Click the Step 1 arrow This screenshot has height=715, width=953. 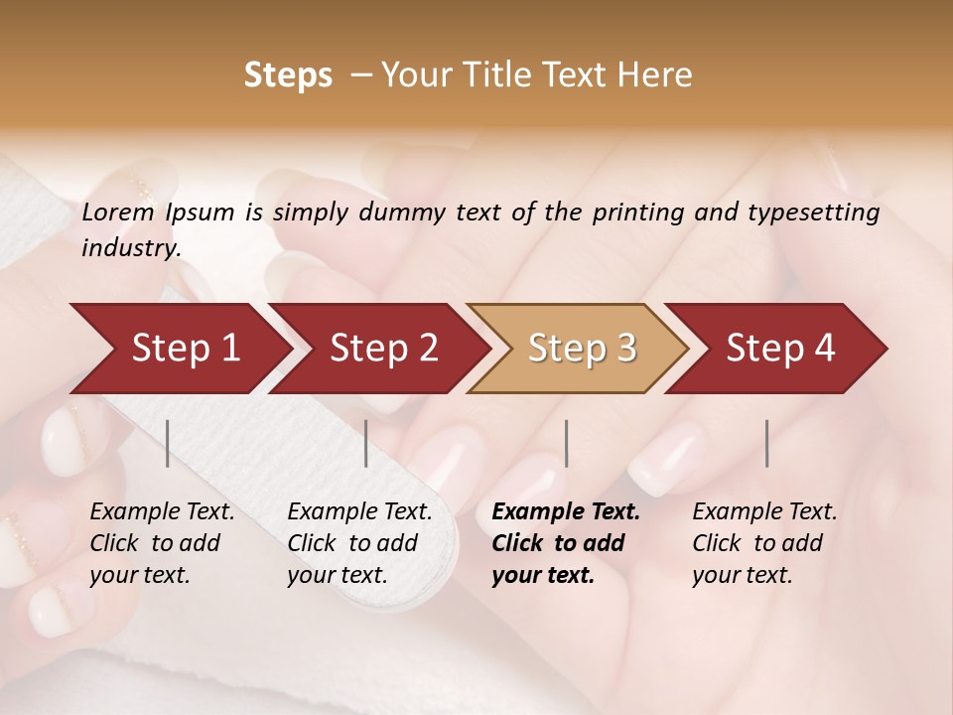tap(185, 348)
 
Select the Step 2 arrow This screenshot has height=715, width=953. tap(383, 348)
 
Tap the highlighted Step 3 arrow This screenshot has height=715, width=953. tap(582, 348)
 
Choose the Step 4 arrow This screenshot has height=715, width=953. tap(780, 348)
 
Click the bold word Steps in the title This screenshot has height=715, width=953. tap(288, 75)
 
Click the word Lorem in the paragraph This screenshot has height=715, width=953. tap(117, 212)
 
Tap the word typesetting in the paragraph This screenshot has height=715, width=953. tap(808, 212)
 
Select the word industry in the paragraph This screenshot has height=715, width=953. tap(130, 247)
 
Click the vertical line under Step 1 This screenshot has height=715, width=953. tap(168, 443)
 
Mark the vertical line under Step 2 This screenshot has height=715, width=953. tap(366, 443)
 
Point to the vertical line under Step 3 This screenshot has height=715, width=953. tap(566, 443)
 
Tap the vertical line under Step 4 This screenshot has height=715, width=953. tap(766, 443)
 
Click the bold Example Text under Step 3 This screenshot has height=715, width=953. tap(566, 512)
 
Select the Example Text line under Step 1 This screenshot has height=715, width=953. tap(162, 512)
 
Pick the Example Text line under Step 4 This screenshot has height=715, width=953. tap(764, 512)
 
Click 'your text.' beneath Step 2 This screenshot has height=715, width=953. tap(338, 575)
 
